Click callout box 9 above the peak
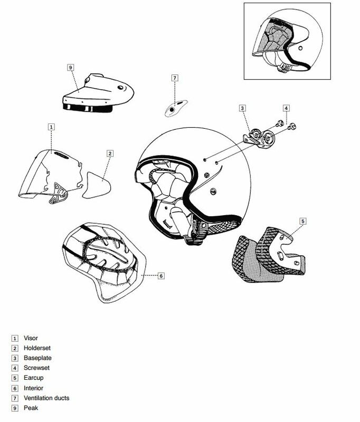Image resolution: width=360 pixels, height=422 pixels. coord(71,68)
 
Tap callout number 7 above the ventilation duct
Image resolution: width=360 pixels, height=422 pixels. coord(175,78)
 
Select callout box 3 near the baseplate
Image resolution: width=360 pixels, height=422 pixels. coord(242,108)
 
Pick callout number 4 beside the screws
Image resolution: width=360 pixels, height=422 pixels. coord(286,108)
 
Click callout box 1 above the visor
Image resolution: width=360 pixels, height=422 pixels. coord(51,127)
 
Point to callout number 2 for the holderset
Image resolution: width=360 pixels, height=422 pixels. coord(110,154)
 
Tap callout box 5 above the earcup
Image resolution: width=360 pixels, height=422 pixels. coord(303,221)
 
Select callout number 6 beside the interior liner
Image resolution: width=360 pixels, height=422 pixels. coord(161,276)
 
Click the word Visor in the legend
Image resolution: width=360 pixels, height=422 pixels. coord(31,338)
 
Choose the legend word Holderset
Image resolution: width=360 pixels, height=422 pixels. coord(37,348)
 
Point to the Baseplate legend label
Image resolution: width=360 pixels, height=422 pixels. coord(37,358)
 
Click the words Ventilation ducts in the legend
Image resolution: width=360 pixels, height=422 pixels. coord(46,398)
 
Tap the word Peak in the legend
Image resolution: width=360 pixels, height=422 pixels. coord(31,408)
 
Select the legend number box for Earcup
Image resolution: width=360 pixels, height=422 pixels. coord(15,378)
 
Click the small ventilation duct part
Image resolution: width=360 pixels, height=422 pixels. coord(176,108)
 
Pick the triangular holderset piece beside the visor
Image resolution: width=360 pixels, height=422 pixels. coord(97,186)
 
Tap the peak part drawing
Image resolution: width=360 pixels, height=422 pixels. coord(98,93)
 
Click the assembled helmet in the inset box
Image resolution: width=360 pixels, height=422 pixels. coord(287,41)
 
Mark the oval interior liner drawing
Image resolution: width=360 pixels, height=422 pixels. coord(104,262)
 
